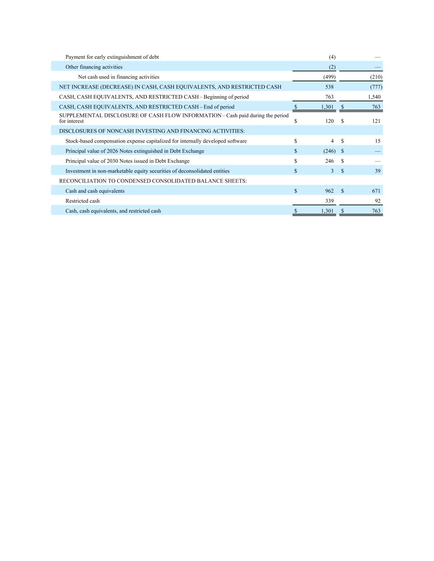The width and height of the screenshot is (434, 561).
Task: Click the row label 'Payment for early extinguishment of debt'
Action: [x=112, y=57]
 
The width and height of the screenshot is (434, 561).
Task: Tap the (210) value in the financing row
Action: [x=376, y=77]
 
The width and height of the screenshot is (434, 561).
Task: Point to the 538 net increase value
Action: [x=329, y=87]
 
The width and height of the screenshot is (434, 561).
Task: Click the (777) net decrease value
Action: [x=376, y=87]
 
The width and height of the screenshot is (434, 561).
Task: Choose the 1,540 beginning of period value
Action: [x=374, y=97]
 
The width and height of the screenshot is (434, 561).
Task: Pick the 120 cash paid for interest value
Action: [x=329, y=121]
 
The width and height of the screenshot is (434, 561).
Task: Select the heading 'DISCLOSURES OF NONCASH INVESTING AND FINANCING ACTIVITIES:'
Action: [x=152, y=131]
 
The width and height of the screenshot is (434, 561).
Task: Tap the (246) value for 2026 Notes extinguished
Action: [x=329, y=151]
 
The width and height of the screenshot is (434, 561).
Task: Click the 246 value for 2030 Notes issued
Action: [x=329, y=161]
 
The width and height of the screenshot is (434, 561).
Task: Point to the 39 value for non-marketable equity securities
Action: [x=378, y=171]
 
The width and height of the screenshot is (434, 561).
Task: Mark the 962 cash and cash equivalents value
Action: [x=329, y=191]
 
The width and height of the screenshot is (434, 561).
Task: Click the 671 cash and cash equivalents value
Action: [x=376, y=191]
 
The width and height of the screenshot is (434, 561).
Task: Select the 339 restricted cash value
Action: [x=329, y=201]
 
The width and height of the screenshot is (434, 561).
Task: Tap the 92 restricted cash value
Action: [x=378, y=201]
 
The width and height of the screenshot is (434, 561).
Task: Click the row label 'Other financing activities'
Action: [x=94, y=67]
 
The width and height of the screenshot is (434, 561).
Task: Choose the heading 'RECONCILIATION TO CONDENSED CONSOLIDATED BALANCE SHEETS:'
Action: [x=153, y=181]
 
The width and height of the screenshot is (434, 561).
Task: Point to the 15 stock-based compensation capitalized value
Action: [x=378, y=141]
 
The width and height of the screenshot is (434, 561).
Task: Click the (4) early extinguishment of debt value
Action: [x=332, y=57]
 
